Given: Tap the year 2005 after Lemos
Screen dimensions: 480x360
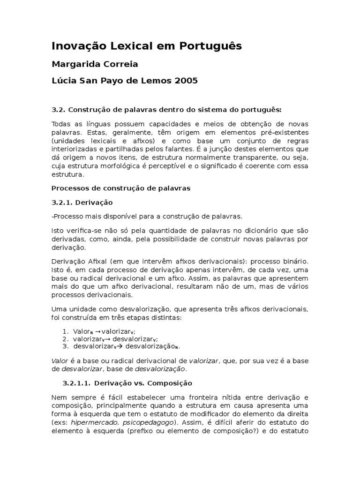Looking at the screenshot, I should (x=185, y=81).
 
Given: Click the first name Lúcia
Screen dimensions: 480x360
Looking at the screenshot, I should (x=64, y=81).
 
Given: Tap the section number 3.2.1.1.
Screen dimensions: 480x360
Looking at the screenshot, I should (x=79, y=383).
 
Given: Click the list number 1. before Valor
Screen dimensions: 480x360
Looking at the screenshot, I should (x=66, y=330).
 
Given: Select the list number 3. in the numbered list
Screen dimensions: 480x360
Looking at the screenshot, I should (x=66, y=346).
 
